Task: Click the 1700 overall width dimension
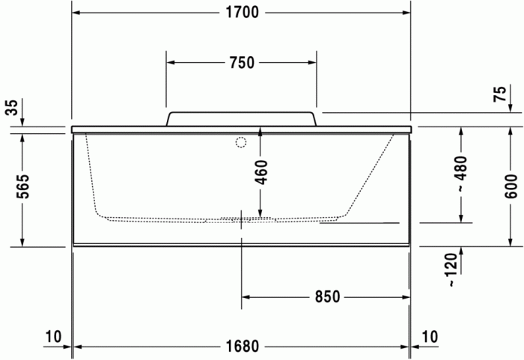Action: (x=241, y=13)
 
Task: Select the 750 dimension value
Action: (x=241, y=63)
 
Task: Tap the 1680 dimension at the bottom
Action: (x=241, y=346)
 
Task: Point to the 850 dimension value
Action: (x=326, y=297)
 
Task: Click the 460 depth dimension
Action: (x=260, y=171)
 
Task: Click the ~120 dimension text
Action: (x=451, y=270)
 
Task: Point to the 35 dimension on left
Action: (x=10, y=108)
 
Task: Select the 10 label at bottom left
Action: (x=52, y=337)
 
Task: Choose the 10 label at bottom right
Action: (x=430, y=337)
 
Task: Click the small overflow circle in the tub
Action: (x=241, y=142)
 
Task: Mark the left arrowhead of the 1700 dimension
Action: (x=77, y=13)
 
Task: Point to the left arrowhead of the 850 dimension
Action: (x=246, y=297)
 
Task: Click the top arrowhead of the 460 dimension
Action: (x=260, y=133)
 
